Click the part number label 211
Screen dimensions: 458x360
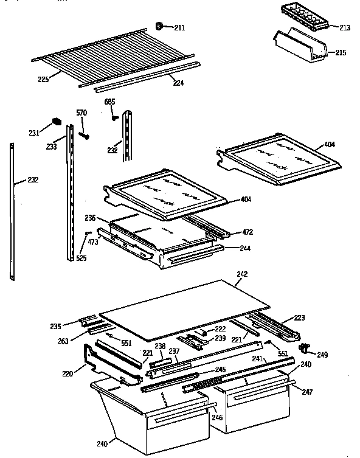point(179,28)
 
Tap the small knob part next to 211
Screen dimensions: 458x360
point(160,26)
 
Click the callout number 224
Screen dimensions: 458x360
point(178,83)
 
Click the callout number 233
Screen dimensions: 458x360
point(52,147)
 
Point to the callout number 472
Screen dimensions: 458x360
point(247,232)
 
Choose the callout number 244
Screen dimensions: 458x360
point(246,248)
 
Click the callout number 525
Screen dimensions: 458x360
point(80,258)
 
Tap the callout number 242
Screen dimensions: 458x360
point(242,274)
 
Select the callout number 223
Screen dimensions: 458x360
point(299,317)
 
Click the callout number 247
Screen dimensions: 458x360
point(308,393)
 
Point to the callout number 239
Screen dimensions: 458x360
point(220,338)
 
